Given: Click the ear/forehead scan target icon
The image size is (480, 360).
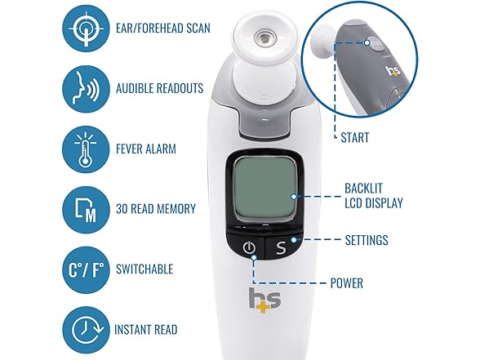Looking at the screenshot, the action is [x=86, y=29].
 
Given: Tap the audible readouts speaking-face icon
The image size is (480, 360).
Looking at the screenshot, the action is [x=86, y=89].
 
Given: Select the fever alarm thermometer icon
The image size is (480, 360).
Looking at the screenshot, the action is [x=86, y=149].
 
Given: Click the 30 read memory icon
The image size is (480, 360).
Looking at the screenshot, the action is [x=86, y=210].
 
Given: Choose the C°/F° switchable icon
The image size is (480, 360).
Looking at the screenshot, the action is [x=86, y=269].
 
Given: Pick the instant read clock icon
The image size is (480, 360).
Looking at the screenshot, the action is [x=86, y=330].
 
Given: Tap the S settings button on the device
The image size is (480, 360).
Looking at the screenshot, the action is [x=281, y=247].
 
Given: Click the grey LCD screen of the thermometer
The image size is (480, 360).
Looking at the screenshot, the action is [x=264, y=190].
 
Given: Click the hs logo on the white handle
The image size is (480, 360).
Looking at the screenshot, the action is [x=264, y=300].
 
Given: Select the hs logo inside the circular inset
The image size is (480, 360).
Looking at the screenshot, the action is [x=393, y=70].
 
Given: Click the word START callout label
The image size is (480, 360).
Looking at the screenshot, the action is [x=355, y=137].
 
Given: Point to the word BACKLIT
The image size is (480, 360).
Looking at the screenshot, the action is [x=364, y=189].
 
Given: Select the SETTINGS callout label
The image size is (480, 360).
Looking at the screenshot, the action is [x=367, y=240].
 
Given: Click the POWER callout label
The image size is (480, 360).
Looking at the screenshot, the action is [x=346, y=283].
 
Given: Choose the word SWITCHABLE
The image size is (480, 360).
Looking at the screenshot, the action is [x=144, y=269].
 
